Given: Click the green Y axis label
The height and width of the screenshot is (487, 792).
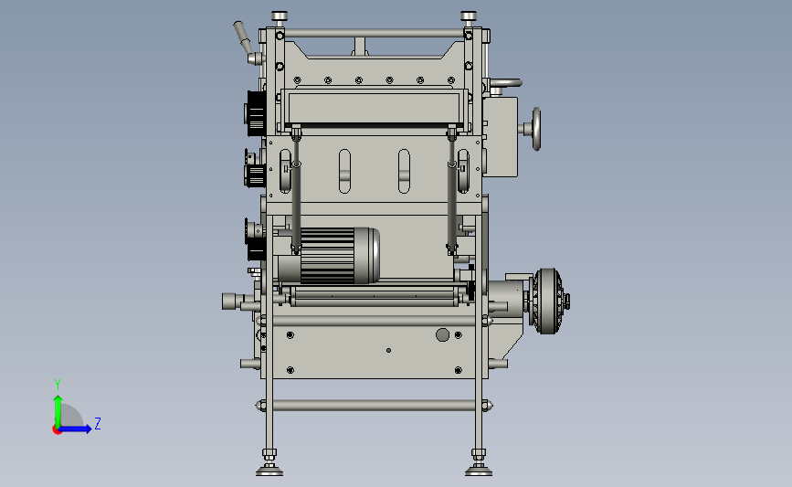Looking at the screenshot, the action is (58, 385).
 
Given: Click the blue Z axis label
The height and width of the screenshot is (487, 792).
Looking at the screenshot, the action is (98, 423).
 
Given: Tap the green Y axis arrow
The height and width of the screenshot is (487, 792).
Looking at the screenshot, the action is (58, 411).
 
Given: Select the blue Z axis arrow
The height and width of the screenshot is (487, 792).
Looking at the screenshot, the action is (74, 429).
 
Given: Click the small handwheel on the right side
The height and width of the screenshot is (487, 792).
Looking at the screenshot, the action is (536, 129).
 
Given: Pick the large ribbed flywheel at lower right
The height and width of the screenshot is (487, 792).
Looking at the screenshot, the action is (548, 302).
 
